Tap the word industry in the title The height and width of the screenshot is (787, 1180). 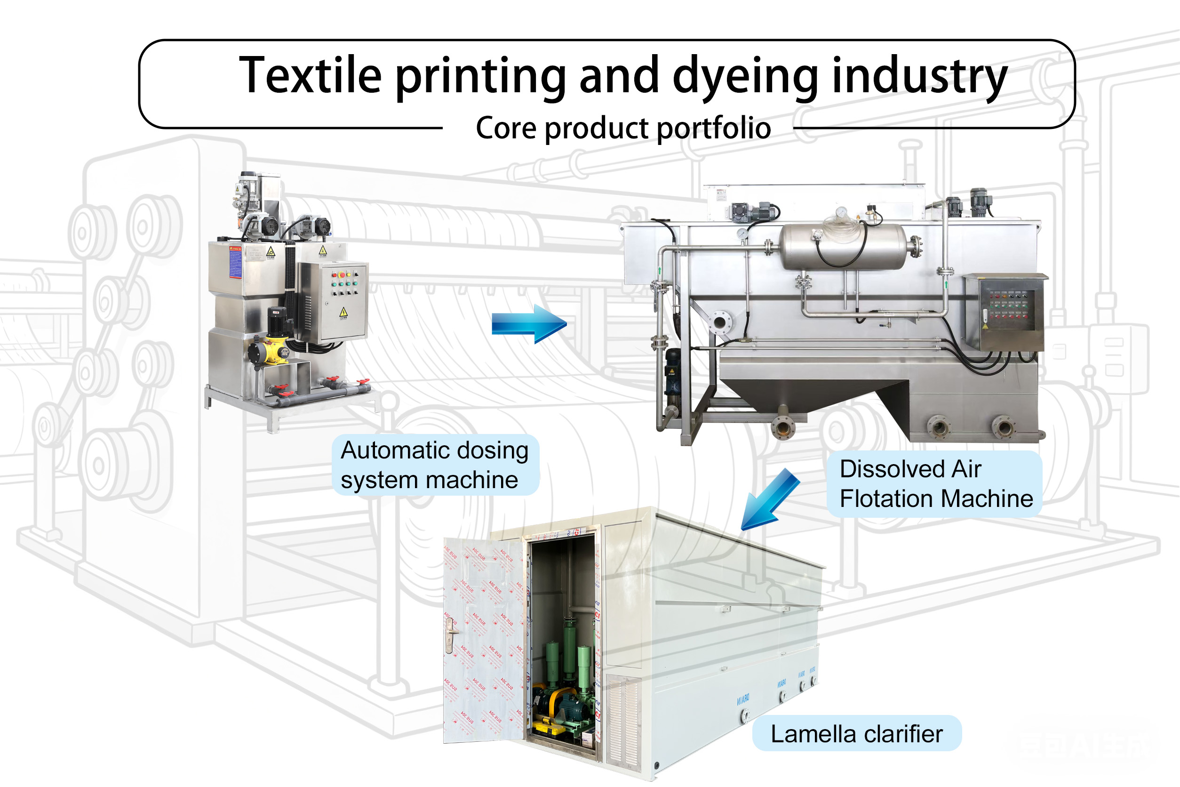coord(919,76)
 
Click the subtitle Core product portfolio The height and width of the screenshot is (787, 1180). coord(623,128)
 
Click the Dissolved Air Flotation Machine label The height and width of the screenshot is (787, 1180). coord(935,484)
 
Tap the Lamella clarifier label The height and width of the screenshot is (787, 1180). coord(856,734)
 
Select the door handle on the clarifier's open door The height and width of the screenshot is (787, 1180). coord(451,634)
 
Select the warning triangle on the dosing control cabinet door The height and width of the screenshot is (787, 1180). coord(343,312)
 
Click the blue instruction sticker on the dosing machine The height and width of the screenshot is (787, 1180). coord(235,262)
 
